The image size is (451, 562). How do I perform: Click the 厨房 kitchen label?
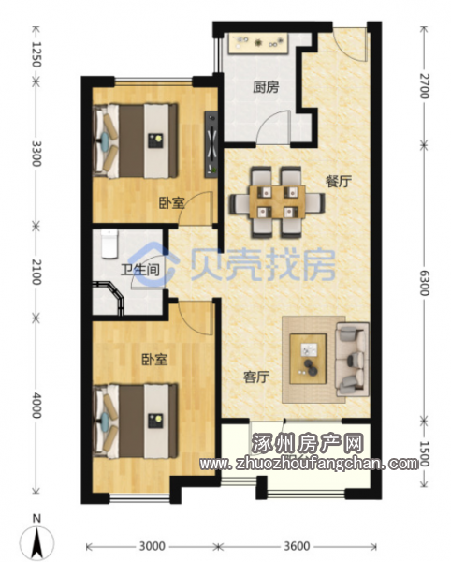pyautogui.click(x=266, y=87)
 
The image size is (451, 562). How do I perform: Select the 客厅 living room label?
pyautogui.click(x=256, y=377)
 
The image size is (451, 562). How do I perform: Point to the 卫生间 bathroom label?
pyautogui.click(x=140, y=270)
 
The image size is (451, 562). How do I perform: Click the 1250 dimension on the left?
pyautogui.click(x=36, y=53)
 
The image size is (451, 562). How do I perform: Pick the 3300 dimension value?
pyautogui.click(x=36, y=154)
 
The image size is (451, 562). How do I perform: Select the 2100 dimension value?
pyautogui.click(x=36, y=272)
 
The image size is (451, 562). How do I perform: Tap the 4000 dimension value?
pyautogui.click(x=36, y=405)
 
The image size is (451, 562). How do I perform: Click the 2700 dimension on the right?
pyautogui.click(x=424, y=85)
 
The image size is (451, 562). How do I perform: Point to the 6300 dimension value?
pyautogui.click(x=424, y=283)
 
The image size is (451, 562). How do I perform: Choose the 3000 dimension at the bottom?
pyautogui.click(x=153, y=546)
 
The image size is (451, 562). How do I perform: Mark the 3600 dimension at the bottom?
pyautogui.click(x=298, y=546)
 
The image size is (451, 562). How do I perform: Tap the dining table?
pyautogui.click(x=277, y=201)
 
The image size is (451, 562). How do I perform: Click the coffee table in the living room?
pyautogui.click(x=308, y=359)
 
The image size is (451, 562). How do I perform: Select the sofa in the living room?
pyautogui.click(x=352, y=359)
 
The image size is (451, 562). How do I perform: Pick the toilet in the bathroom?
pyautogui.click(x=109, y=244)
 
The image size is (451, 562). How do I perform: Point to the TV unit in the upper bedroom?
pyautogui.click(x=211, y=144)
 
